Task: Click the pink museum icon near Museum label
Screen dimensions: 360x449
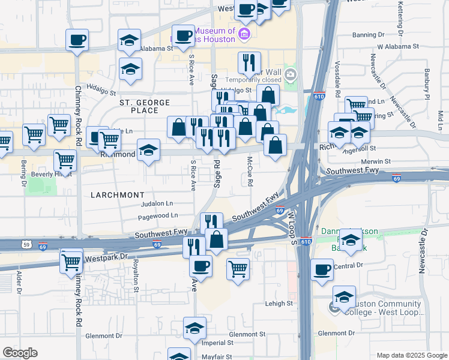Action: [x=244, y=33]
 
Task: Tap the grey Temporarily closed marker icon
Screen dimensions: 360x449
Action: [x=291, y=74]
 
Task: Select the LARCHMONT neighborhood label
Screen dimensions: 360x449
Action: [x=117, y=195]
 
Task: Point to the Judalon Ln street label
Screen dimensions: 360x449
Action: [x=157, y=203]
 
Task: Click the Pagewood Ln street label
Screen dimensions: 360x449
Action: [x=158, y=215]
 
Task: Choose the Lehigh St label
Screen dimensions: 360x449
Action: [x=279, y=304]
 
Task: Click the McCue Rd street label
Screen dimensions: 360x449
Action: [x=250, y=171]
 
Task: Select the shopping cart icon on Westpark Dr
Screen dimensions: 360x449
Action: [x=71, y=261]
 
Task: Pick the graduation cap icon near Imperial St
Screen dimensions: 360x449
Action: [x=194, y=328]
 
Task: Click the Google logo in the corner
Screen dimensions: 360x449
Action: [x=20, y=353]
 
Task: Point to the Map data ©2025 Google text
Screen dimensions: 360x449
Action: [x=411, y=355]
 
